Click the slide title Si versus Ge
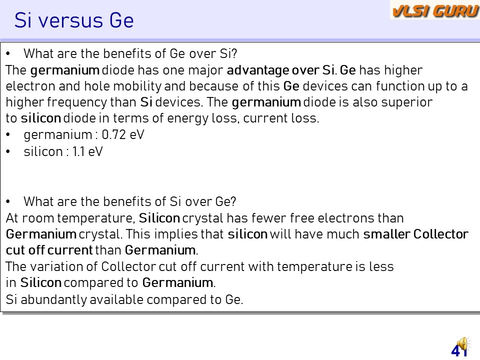tap(74, 20)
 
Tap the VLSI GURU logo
tap(435, 10)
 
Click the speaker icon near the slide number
tap(463, 344)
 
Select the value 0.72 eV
tap(123, 134)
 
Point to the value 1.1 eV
tap(87, 151)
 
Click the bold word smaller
tap(386, 234)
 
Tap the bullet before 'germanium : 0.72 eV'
tap(8, 134)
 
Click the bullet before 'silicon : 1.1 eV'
tap(8, 151)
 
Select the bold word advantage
tap(258, 70)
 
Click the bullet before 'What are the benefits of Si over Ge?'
tap(8, 201)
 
